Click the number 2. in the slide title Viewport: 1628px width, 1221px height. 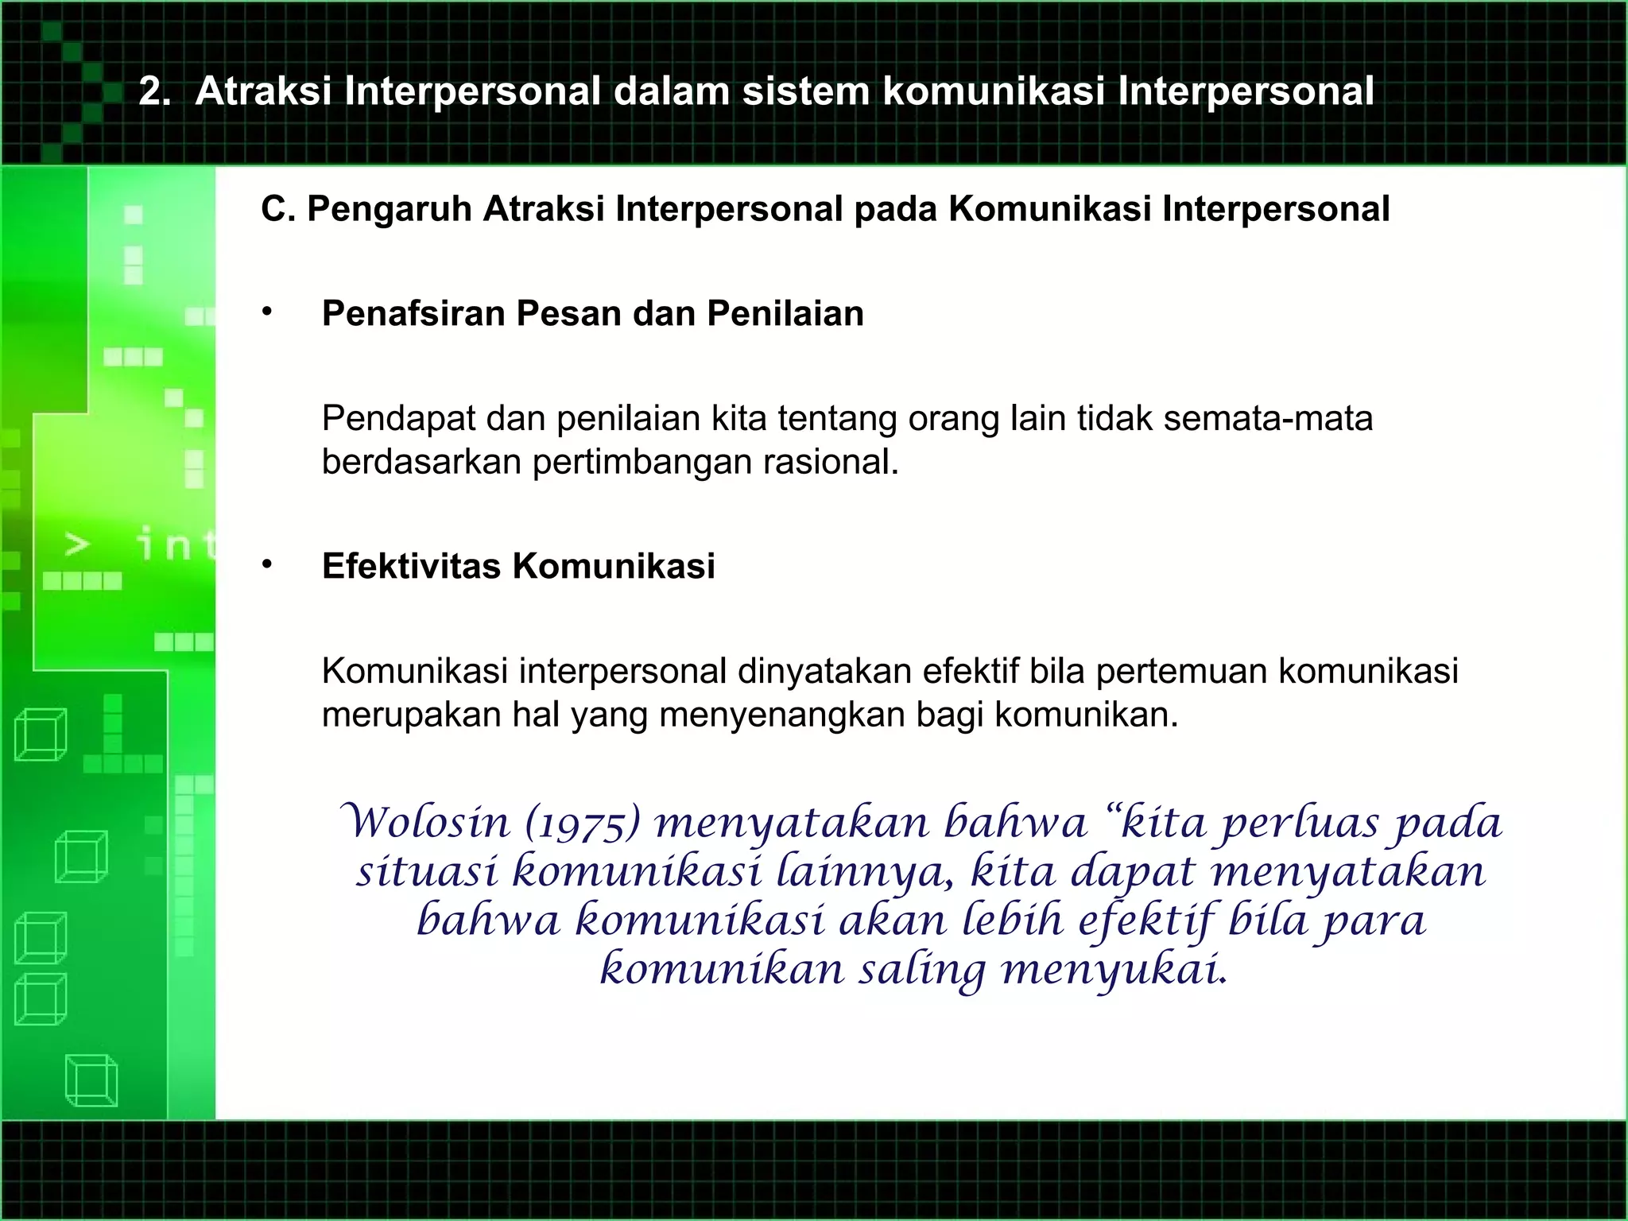pos(155,91)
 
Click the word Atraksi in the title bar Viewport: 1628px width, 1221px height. pos(263,91)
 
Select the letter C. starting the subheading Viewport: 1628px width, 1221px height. pos(277,209)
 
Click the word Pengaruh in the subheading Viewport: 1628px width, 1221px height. pos(390,209)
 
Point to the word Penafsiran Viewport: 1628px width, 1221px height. pos(413,313)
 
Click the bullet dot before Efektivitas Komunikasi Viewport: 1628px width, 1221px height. pos(268,564)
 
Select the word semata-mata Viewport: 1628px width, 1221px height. pos(1268,418)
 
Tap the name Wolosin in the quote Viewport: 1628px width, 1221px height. pos(425,822)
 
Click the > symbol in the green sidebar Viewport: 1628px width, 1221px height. pos(76,545)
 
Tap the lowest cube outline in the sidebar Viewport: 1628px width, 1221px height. pos(91,1080)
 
